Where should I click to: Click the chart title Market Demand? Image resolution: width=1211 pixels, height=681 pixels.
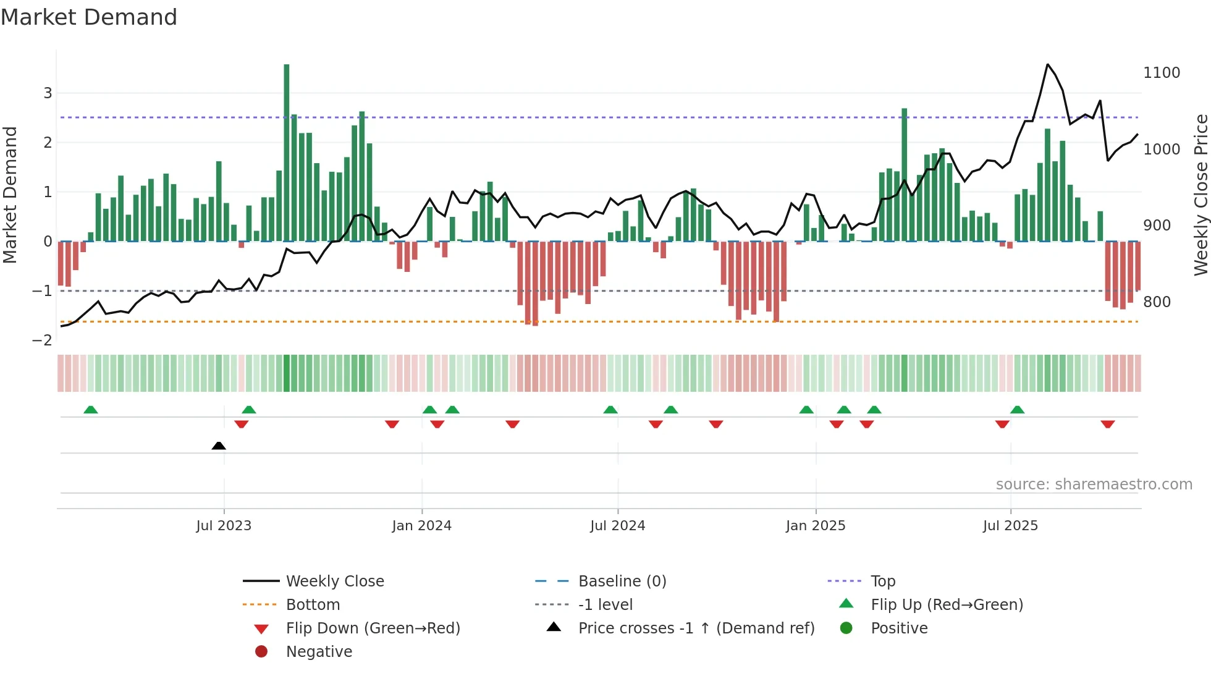pos(89,17)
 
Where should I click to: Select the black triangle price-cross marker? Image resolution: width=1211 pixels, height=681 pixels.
pos(219,446)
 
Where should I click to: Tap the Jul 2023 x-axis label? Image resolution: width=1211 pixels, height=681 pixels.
pos(224,526)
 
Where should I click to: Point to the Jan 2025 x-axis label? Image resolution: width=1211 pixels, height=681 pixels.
pos(816,526)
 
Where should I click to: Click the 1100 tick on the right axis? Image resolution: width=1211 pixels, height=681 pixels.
pos(1162,73)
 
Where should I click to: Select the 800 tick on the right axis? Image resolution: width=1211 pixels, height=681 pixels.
pos(1157,302)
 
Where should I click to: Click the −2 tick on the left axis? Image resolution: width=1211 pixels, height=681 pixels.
pos(42,340)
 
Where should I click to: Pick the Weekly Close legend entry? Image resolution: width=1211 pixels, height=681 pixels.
pos(334,582)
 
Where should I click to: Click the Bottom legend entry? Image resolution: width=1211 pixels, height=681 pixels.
pos(313,605)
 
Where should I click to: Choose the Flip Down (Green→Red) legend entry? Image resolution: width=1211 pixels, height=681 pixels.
pos(373,628)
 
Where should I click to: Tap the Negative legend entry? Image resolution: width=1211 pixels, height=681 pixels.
pos(319,652)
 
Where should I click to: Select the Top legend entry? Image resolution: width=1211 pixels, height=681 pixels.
pos(883,582)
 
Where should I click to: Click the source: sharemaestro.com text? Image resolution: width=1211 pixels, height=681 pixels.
pos(1094,484)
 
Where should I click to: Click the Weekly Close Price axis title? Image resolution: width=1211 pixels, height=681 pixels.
pos(1200,195)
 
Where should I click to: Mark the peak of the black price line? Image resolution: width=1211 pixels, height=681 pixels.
pos(1048,64)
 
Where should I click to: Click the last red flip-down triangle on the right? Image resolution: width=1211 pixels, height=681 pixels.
pos(1108,424)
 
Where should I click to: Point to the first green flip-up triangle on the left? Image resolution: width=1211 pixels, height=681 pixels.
pos(91,410)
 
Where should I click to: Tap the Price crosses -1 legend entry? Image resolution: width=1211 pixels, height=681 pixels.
pos(696,628)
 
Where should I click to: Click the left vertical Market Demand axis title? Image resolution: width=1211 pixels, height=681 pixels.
pos(10,195)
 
